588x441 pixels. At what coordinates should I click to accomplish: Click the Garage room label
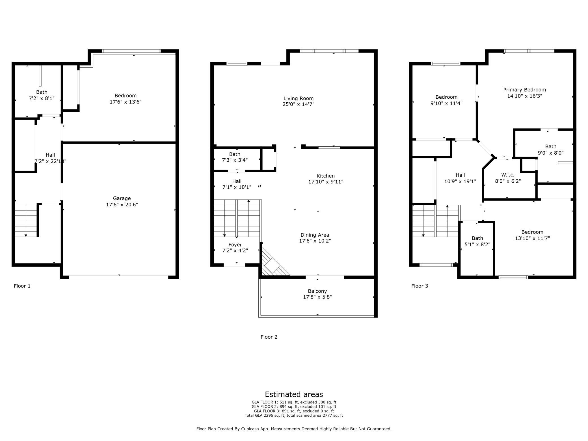(122, 198)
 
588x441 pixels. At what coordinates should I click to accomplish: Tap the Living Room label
(299, 98)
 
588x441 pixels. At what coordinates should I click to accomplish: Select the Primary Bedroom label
(524, 90)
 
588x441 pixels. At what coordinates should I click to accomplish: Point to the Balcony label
(317, 291)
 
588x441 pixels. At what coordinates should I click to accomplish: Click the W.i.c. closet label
(508, 175)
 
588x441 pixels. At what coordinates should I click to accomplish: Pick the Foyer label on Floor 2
(235, 245)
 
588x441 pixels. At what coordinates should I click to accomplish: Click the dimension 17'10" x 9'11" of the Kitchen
(326, 182)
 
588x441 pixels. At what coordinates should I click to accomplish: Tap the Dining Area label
(315, 235)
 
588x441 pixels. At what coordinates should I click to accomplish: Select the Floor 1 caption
(22, 286)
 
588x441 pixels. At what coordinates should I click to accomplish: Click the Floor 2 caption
(269, 337)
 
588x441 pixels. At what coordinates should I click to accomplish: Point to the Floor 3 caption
(420, 286)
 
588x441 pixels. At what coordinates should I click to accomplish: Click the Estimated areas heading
(294, 394)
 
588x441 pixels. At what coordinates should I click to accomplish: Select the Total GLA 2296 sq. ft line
(294, 415)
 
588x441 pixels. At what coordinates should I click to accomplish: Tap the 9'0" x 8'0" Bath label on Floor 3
(550, 150)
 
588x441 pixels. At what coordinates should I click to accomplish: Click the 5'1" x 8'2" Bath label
(477, 241)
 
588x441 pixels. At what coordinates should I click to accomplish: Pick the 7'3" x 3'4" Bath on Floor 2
(235, 157)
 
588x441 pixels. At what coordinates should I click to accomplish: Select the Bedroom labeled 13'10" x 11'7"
(532, 235)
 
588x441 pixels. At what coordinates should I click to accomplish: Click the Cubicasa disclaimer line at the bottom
(294, 429)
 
